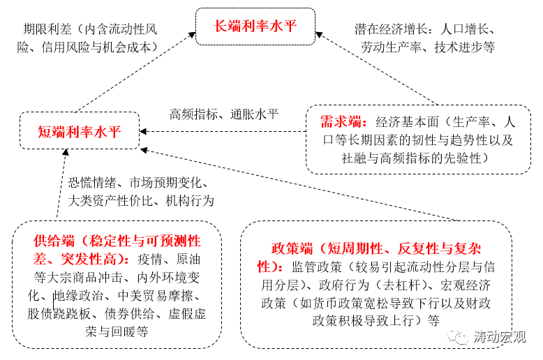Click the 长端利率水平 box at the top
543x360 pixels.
click(x=255, y=27)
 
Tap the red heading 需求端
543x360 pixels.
click(x=339, y=121)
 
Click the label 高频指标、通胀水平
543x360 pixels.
click(x=223, y=114)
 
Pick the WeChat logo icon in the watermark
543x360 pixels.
click(x=462, y=338)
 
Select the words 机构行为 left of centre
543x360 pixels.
click(x=189, y=201)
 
